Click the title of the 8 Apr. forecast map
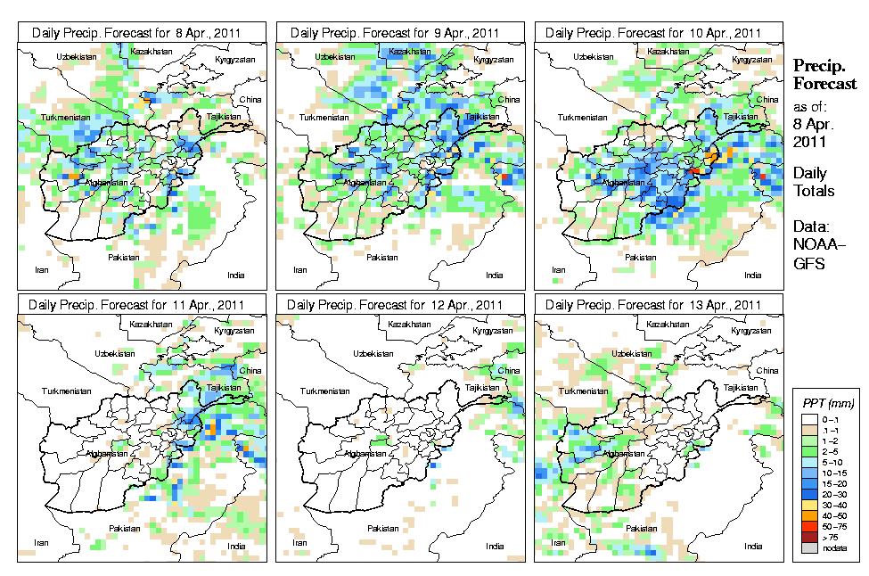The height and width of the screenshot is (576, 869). click(143, 33)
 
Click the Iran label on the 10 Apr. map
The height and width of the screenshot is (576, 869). click(559, 269)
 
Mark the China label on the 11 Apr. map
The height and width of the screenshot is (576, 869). click(251, 370)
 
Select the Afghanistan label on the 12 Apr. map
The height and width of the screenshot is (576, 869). click(369, 454)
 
